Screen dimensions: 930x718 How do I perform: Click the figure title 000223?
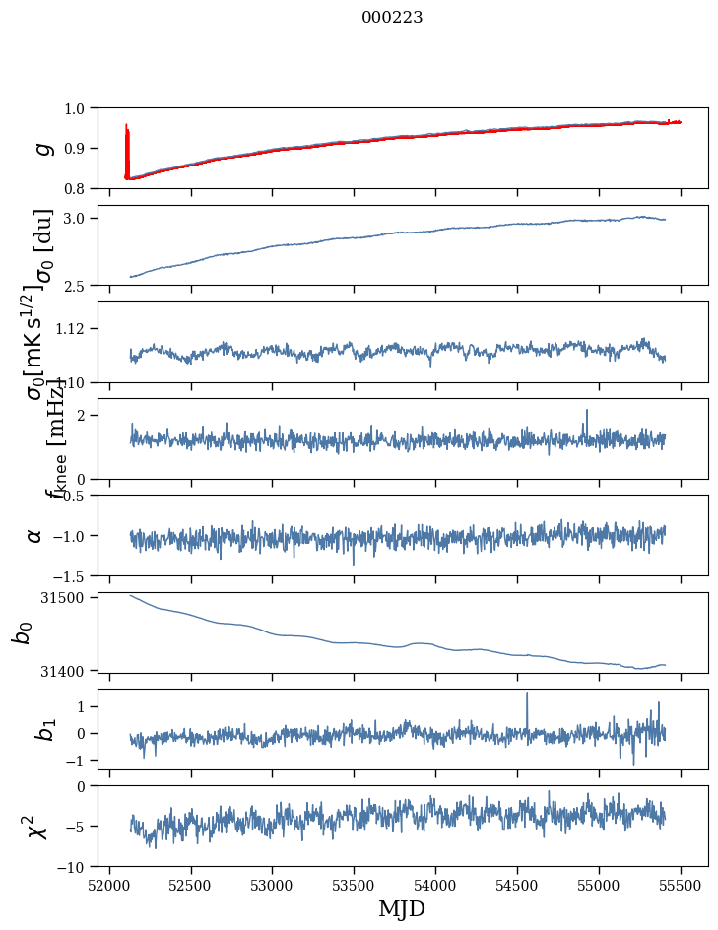point(392,17)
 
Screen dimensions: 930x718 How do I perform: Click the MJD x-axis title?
point(402,908)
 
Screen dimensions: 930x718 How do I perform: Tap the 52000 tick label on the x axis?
point(109,885)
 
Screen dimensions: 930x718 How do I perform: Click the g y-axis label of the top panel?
point(42,148)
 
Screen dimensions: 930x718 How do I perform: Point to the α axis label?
point(35,535)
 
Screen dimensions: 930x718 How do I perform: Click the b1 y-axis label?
point(42,730)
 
